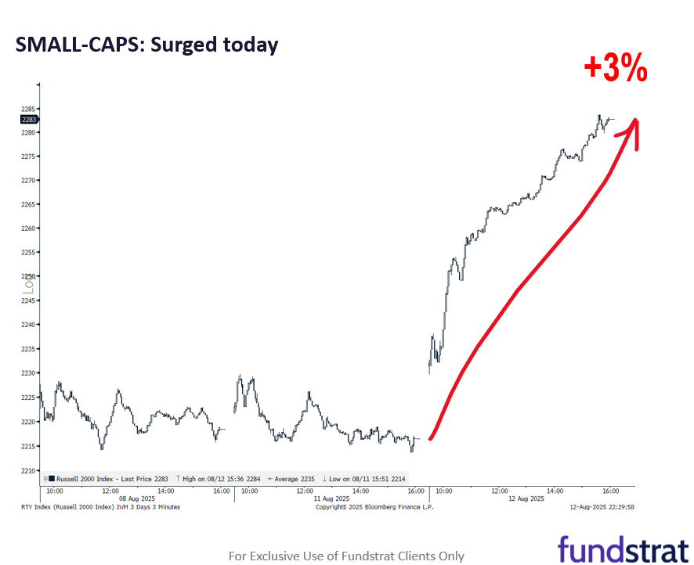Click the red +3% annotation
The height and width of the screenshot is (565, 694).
(616, 70)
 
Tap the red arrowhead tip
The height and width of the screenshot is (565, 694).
(635, 121)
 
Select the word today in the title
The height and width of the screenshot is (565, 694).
(251, 45)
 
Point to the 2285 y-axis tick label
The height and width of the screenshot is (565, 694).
(30, 109)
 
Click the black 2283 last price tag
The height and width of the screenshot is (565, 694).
(30, 119)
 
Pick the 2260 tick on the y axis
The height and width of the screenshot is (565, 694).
(30, 229)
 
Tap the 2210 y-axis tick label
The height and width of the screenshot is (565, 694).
(30, 470)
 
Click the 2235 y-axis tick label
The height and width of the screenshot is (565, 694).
(30, 349)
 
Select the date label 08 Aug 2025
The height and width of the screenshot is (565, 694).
(136, 498)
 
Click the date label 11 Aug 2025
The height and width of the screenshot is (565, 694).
(331, 498)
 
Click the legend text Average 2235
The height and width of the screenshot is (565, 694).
(292, 478)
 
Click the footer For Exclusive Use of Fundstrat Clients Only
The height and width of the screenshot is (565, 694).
(346, 556)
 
